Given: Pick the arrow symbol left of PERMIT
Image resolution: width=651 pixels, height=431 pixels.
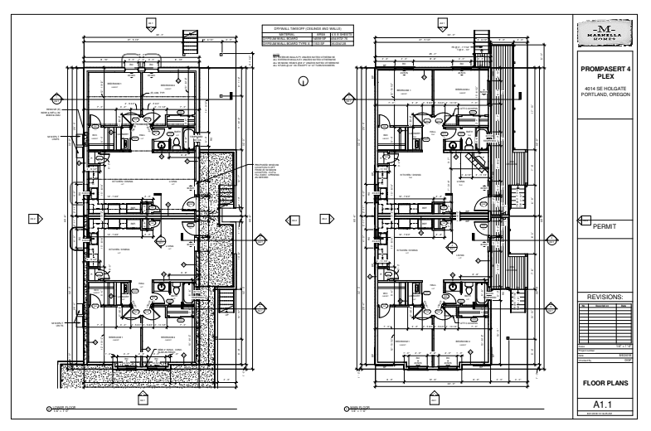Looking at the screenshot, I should click(584, 222).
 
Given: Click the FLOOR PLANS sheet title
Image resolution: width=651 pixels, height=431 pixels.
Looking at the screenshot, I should click(609, 383).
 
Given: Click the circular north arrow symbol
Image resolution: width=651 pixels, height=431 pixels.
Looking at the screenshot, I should click(304, 81).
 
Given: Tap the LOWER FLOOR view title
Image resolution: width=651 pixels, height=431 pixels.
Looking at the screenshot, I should click(66, 407).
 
